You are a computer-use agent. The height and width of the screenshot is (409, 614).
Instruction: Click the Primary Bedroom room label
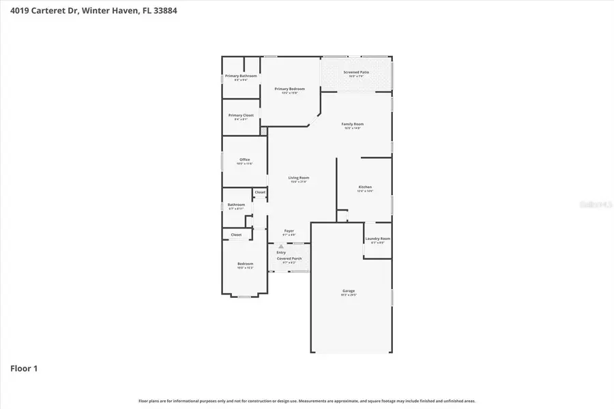pyautogui.click(x=289, y=89)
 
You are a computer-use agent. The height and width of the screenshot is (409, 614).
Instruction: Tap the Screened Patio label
pyautogui.click(x=356, y=72)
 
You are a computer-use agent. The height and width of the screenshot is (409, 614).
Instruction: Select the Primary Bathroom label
pyautogui.click(x=241, y=76)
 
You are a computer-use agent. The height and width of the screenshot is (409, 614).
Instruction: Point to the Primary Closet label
pyautogui.click(x=241, y=115)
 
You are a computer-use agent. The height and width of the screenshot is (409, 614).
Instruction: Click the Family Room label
pyautogui.click(x=353, y=124)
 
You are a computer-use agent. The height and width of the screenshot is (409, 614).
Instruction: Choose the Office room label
pyautogui.click(x=244, y=160)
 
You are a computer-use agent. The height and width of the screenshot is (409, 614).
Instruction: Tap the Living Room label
pyautogui.click(x=299, y=178)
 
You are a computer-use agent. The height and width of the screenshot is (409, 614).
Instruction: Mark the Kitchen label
pyautogui.click(x=365, y=187)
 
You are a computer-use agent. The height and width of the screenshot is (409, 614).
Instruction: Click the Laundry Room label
pyautogui.click(x=377, y=239)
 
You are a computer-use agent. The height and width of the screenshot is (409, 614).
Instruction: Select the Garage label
pyautogui.click(x=349, y=291)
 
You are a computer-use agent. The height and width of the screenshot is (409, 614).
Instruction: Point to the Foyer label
pyautogui.click(x=289, y=231)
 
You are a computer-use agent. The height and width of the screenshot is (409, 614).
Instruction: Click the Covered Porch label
pyautogui.click(x=289, y=258)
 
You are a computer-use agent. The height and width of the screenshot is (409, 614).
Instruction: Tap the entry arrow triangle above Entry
pyautogui.click(x=280, y=246)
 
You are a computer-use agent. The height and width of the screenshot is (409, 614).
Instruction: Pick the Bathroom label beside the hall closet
pyautogui.click(x=236, y=204)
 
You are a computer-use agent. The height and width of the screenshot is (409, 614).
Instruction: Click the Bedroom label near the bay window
pyautogui.click(x=245, y=264)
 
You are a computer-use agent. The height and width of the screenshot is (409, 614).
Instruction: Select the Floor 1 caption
pyautogui.click(x=24, y=369)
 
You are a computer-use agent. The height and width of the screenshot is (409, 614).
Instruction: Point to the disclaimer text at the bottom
pyautogui.click(x=307, y=401)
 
